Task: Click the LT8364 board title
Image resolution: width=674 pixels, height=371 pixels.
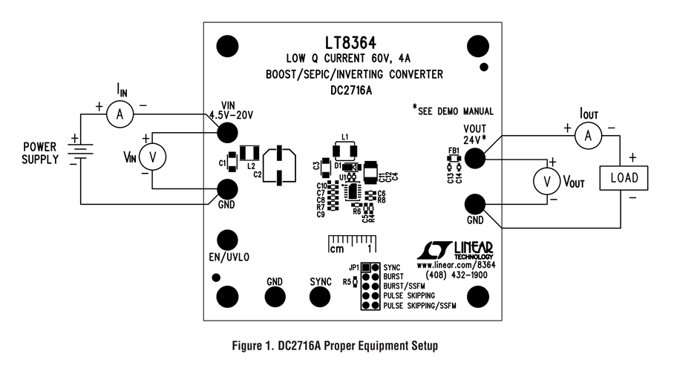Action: [354, 42]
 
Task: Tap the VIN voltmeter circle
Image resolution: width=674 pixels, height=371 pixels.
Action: [154, 157]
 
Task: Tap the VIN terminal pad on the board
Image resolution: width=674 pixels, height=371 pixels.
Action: [227, 132]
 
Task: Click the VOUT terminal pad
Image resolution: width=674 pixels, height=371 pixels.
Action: [475, 158]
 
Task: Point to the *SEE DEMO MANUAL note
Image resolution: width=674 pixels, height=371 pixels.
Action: [453, 111]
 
